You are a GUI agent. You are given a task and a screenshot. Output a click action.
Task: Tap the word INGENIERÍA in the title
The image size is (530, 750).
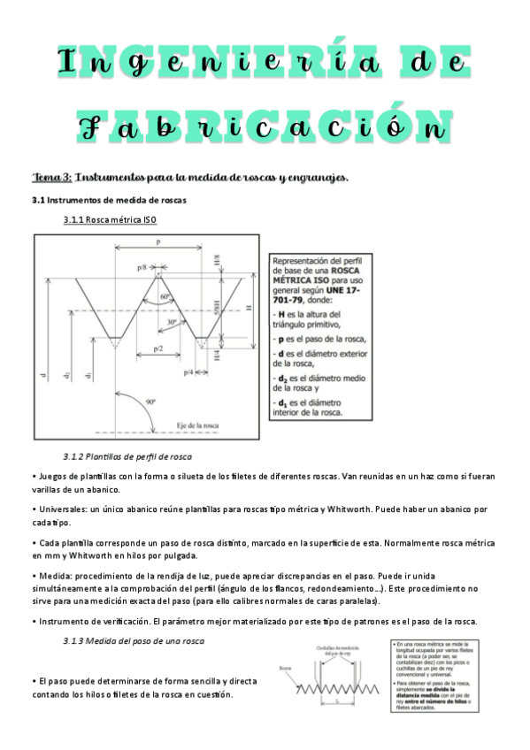263,63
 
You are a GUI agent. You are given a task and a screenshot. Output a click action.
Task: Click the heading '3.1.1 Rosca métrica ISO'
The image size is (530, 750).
111,218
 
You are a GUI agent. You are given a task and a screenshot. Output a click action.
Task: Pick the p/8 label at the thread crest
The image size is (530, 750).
142,267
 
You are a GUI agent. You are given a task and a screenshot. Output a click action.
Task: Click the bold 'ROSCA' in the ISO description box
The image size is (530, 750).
334,270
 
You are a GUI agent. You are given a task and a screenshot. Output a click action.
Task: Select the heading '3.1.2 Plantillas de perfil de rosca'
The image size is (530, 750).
127,456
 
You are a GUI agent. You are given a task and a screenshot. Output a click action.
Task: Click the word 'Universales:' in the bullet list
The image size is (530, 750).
63,509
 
